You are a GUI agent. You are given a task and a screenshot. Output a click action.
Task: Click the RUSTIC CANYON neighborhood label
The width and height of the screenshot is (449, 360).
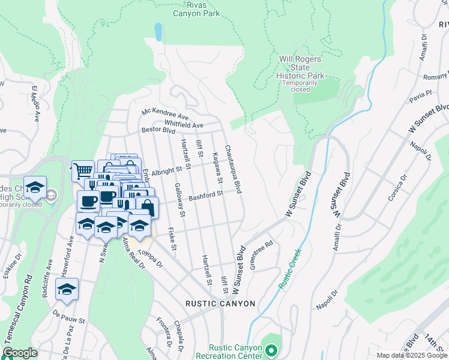(x=220, y=304)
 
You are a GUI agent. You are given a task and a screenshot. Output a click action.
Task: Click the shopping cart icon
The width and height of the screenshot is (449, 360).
(x=82, y=171)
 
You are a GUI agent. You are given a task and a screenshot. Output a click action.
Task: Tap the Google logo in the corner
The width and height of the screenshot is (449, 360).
(x=20, y=353)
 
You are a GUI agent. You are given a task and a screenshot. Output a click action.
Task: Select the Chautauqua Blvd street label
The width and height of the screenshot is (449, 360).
(x=233, y=169)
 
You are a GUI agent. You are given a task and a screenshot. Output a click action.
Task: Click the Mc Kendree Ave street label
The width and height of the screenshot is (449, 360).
(x=165, y=113)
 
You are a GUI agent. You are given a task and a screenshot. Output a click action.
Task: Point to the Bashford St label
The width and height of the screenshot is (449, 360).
(x=206, y=195)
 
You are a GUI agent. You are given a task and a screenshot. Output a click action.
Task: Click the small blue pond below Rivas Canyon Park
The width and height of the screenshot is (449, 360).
(x=158, y=32)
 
